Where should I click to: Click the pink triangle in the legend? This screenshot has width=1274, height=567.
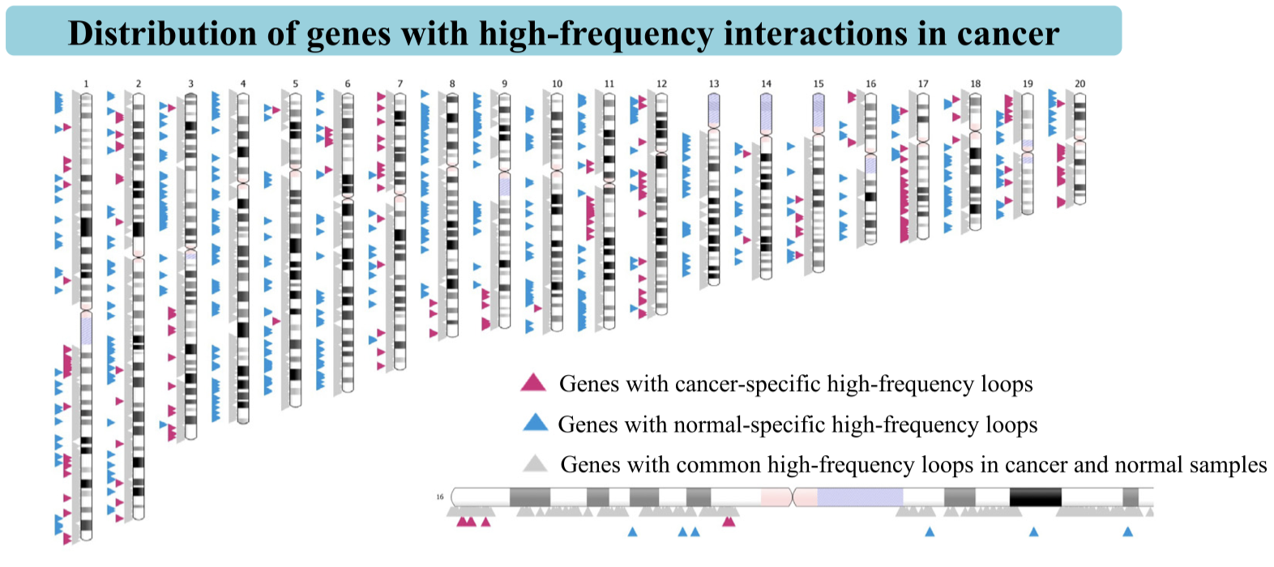tap(533, 382)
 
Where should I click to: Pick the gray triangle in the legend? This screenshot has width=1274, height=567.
tap(535, 464)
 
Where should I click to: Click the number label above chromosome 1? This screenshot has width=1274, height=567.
tap(86, 83)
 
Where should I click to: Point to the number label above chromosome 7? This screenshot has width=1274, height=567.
tap(400, 83)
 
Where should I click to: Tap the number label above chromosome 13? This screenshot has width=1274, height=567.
tap(714, 83)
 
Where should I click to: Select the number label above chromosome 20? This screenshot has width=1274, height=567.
tap(1079, 83)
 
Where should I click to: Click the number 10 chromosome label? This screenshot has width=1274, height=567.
tap(557, 83)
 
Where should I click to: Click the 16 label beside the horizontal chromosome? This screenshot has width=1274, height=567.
tap(440, 497)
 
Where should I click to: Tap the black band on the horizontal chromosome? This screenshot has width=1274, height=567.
tap(1035, 497)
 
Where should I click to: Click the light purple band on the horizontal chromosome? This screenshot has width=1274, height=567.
tap(859, 497)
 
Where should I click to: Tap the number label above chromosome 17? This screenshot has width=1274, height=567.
tap(923, 83)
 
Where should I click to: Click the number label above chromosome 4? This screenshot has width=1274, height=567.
tap(243, 83)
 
